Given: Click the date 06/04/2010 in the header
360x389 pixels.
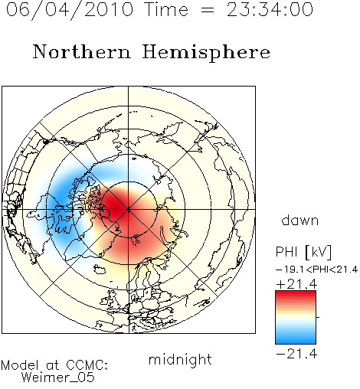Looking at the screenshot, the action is [70, 10].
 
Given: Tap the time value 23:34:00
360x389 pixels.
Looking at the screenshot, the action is [270, 10].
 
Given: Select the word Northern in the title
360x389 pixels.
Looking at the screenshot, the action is [82, 51].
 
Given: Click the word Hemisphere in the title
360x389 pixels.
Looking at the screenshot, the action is [206, 52].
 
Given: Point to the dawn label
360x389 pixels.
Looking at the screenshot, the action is [300, 221].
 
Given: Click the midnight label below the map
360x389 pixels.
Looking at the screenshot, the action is [180, 360].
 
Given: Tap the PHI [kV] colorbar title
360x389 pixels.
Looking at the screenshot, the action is [303, 252].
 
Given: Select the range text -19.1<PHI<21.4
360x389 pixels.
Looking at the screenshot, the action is [317, 270].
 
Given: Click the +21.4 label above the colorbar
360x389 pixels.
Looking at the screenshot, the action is [296, 284].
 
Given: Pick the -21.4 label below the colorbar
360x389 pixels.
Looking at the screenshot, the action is [296, 354].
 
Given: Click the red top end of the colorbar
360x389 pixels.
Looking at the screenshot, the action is [296, 293].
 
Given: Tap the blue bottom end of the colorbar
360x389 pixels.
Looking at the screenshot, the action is [296, 341].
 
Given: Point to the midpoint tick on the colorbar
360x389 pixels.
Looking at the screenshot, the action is [318, 317].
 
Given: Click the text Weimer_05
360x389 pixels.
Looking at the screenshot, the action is [58, 378].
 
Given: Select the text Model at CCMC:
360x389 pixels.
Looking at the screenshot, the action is [54, 365].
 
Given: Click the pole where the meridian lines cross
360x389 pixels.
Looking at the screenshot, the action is [129, 210].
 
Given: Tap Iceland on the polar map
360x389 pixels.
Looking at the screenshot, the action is [100, 269].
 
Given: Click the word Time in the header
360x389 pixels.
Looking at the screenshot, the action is [166, 10].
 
